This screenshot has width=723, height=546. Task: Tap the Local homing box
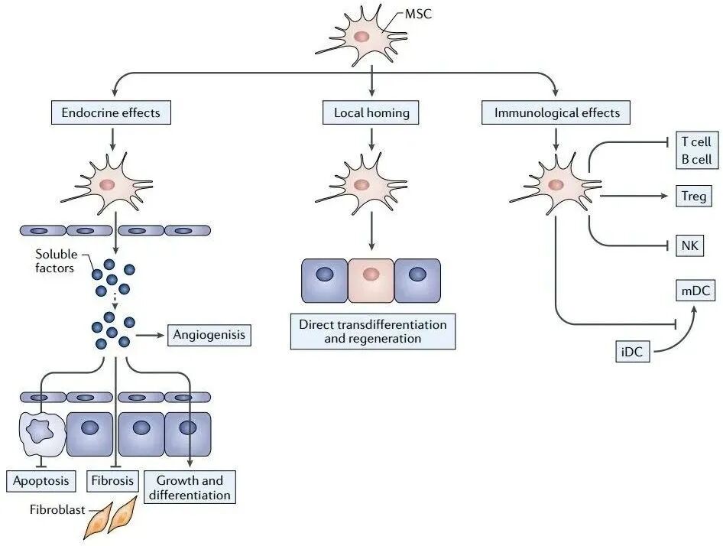click(371, 113)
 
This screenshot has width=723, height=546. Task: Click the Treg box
click(695, 197)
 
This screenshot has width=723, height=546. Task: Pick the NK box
click(689, 246)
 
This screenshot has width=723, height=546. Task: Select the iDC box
click(633, 353)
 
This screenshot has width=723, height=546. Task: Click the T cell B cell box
click(695, 151)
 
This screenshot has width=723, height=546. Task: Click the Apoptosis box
click(41, 481)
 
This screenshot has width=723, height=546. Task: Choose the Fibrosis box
click(113, 481)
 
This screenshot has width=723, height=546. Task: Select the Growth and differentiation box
click(190, 487)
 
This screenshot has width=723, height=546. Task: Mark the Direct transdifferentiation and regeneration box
click(372, 330)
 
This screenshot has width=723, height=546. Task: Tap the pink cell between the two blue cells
click(371, 281)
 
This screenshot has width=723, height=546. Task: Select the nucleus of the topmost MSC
click(361, 36)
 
